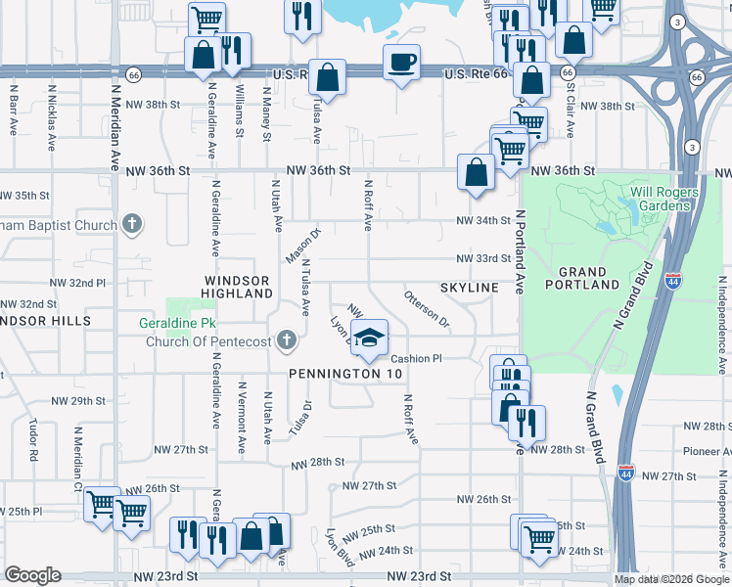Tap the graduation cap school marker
click(x=369, y=339)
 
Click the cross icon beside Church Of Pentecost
click(x=286, y=341)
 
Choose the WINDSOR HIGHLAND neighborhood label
click(x=237, y=287)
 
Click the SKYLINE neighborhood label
click(x=470, y=288)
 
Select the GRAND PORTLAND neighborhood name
click(x=589, y=278)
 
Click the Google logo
click(x=32, y=575)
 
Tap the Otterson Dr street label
click(x=427, y=308)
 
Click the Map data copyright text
click(x=670, y=579)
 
